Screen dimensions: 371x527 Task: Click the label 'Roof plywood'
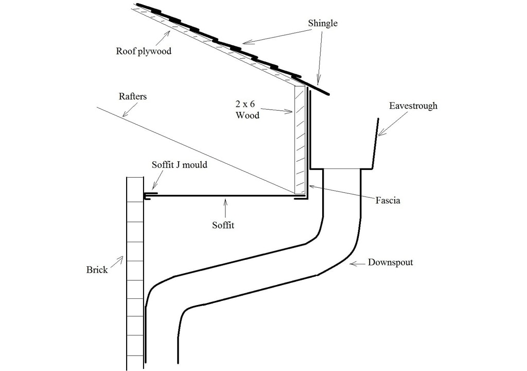(x=144, y=51)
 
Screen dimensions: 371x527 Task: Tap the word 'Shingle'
(x=322, y=23)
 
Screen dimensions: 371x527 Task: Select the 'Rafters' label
(x=133, y=96)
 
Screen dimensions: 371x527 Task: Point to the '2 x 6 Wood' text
(x=247, y=110)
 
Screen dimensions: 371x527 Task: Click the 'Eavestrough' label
(x=413, y=106)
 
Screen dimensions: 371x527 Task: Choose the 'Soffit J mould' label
(x=180, y=165)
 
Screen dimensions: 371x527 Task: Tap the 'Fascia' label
(x=388, y=200)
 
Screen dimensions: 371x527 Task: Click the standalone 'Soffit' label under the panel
(x=223, y=225)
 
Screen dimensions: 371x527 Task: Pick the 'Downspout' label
(x=390, y=262)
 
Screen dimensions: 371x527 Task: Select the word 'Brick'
(x=97, y=269)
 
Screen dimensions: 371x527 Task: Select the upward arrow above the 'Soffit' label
(x=224, y=208)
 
